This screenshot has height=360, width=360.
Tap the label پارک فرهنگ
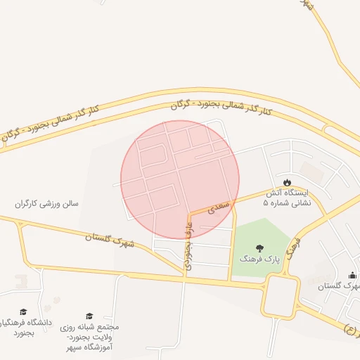tap(259, 259)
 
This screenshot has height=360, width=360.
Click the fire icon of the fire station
tap(287, 182)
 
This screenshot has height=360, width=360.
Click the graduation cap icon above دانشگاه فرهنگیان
tap(22, 311)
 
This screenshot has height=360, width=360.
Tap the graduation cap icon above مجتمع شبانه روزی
tap(89, 316)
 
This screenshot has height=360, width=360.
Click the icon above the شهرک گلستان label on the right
tap(352, 275)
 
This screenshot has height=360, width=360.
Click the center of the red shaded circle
tap(180, 179)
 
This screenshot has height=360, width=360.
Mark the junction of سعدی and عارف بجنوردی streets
tap(188, 213)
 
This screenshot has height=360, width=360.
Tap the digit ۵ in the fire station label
tap(265, 202)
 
